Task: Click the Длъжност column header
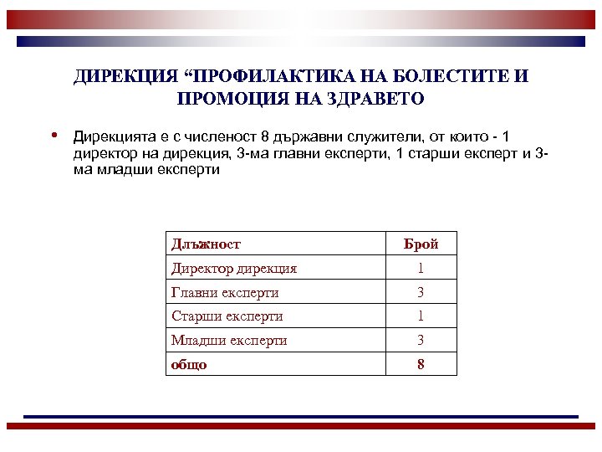(206, 244)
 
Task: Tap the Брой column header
(421, 244)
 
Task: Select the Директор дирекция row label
(234, 269)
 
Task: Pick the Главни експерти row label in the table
(225, 293)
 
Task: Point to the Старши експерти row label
(227, 316)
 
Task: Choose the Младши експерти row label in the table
(229, 341)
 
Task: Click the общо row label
(189, 365)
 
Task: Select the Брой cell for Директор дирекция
(421, 269)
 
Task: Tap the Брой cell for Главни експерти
(421, 293)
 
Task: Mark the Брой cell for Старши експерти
(421, 316)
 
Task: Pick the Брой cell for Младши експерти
(421, 341)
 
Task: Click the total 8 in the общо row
(421, 365)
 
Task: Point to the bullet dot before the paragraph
(53, 134)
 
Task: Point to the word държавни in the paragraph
(298, 136)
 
